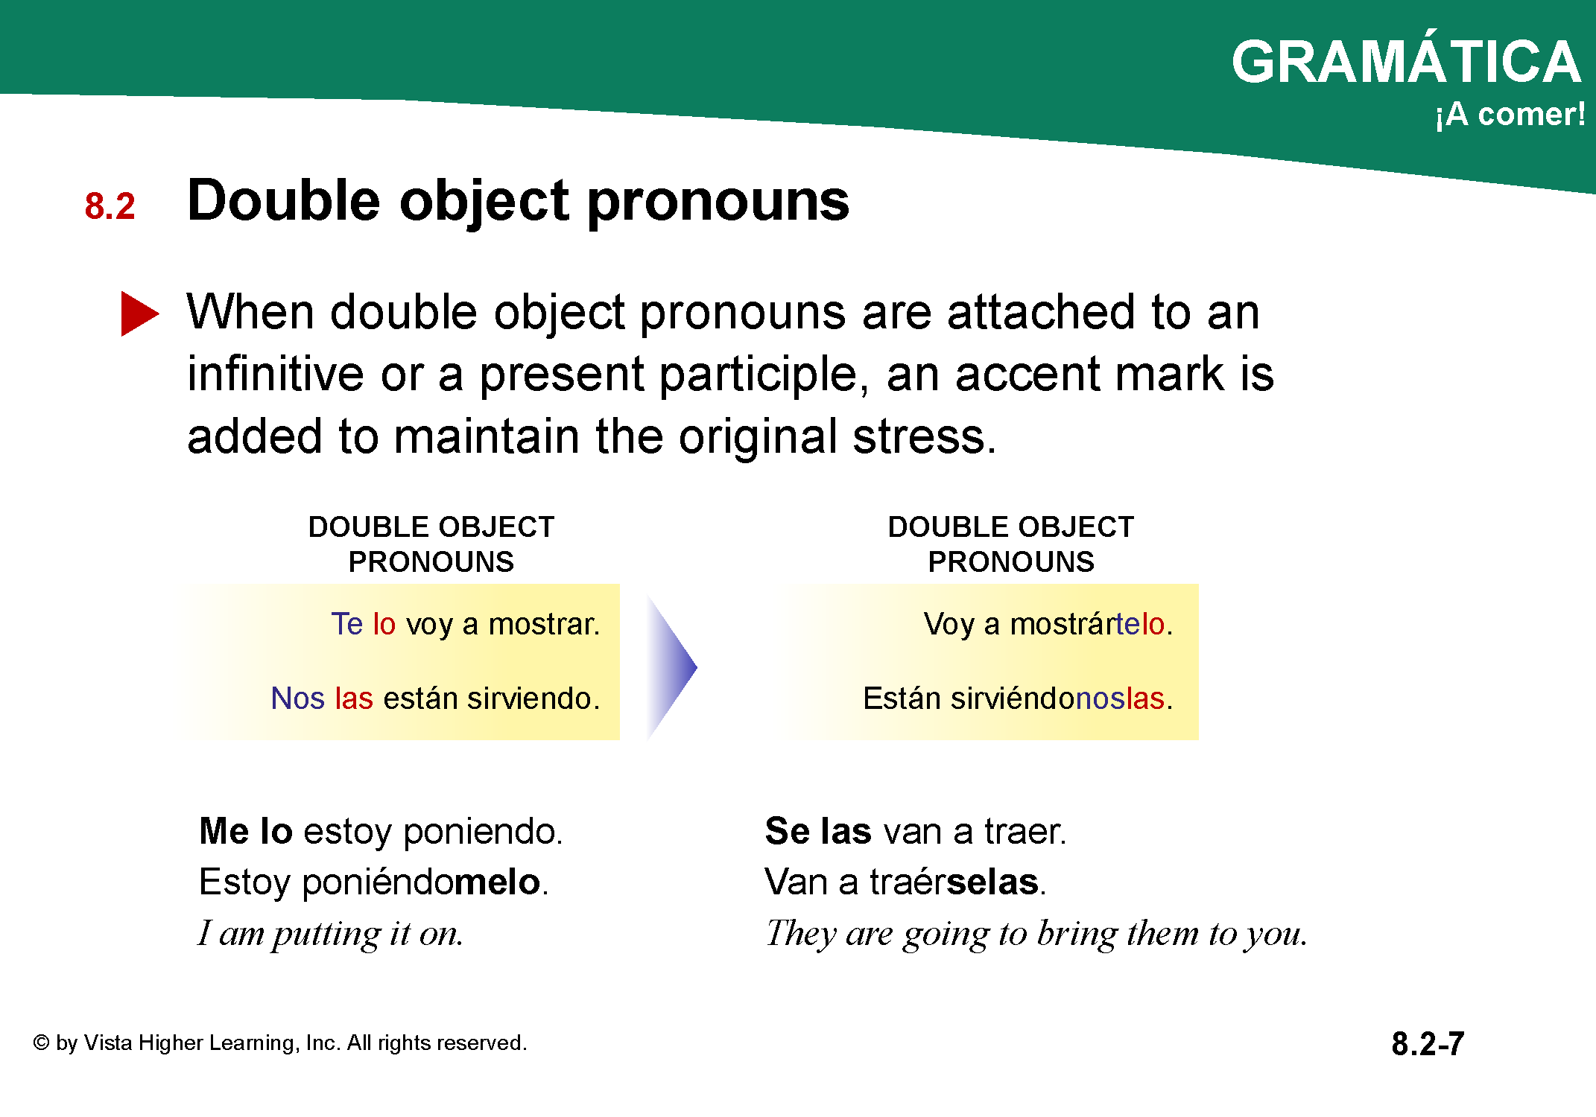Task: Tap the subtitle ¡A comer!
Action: pos(1510,115)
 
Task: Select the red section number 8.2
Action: pos(110,206)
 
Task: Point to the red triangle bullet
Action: pos(140,314)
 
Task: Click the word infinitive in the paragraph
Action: pos(275,374)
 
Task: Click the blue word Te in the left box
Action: pos(346,624)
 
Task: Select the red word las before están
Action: pos(354,698)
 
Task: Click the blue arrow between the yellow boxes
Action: pos(672,667)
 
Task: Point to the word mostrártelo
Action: pos(1087,624)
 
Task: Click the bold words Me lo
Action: pos(246,831)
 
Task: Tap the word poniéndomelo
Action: pos(421,883)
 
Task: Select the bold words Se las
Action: pos(818,831)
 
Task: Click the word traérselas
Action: pos(954,882)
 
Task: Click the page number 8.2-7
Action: pos(1428,1044)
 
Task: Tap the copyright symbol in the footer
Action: pos(41,1043)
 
